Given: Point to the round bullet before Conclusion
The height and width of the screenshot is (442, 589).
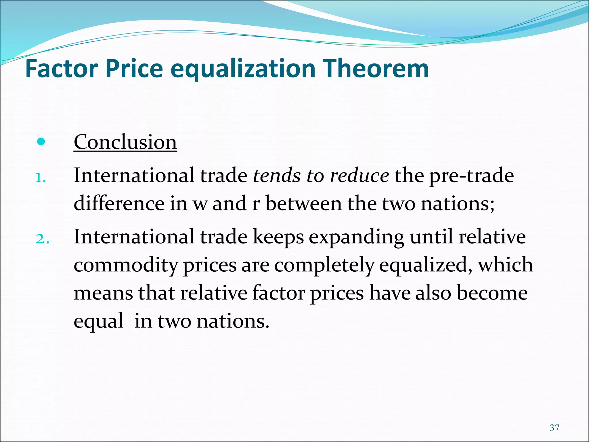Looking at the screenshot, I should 41,142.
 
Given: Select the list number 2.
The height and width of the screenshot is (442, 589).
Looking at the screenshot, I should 42,239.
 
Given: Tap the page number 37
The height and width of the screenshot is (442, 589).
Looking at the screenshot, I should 554,428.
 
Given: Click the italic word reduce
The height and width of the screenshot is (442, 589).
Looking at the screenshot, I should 359,175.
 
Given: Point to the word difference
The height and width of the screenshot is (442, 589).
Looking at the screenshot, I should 119,203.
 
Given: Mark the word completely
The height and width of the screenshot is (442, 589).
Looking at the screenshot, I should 324,265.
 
